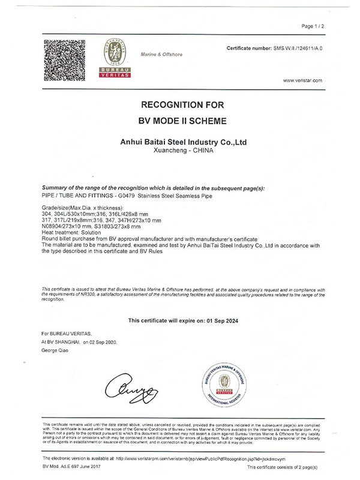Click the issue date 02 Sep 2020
tap(102, 341)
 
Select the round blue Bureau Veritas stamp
tap(227, 382)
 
